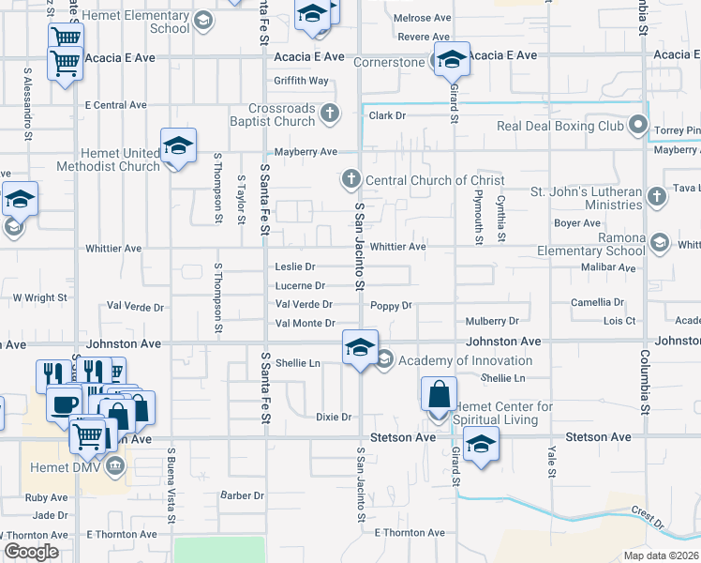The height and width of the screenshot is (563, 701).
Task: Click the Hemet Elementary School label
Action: (x=136, y=22)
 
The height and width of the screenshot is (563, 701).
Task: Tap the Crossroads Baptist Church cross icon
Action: (x=329, y=114)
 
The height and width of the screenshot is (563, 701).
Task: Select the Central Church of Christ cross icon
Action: (x=350, y=178)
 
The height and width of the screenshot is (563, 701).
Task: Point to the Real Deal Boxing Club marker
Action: (x=638, y=125)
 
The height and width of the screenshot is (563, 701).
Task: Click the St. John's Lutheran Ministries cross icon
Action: (x=657, y=196)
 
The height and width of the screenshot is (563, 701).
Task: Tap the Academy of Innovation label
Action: (x=465, y=360)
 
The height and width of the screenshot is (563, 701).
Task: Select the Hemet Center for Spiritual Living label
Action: (x=502, y=413)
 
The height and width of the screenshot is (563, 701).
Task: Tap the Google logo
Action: (x=31, y=552)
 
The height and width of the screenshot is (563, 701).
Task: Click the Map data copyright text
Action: (x=662, y=555)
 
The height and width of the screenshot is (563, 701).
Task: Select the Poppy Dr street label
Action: (x=391, y=306)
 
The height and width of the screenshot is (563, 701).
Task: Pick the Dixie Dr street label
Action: (x=333, y=417)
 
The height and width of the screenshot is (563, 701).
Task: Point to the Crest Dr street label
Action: (x=647, y=514)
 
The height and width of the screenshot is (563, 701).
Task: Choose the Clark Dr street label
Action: (x=386, y=115)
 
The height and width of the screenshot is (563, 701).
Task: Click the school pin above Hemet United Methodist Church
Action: (x=178, y=145)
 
